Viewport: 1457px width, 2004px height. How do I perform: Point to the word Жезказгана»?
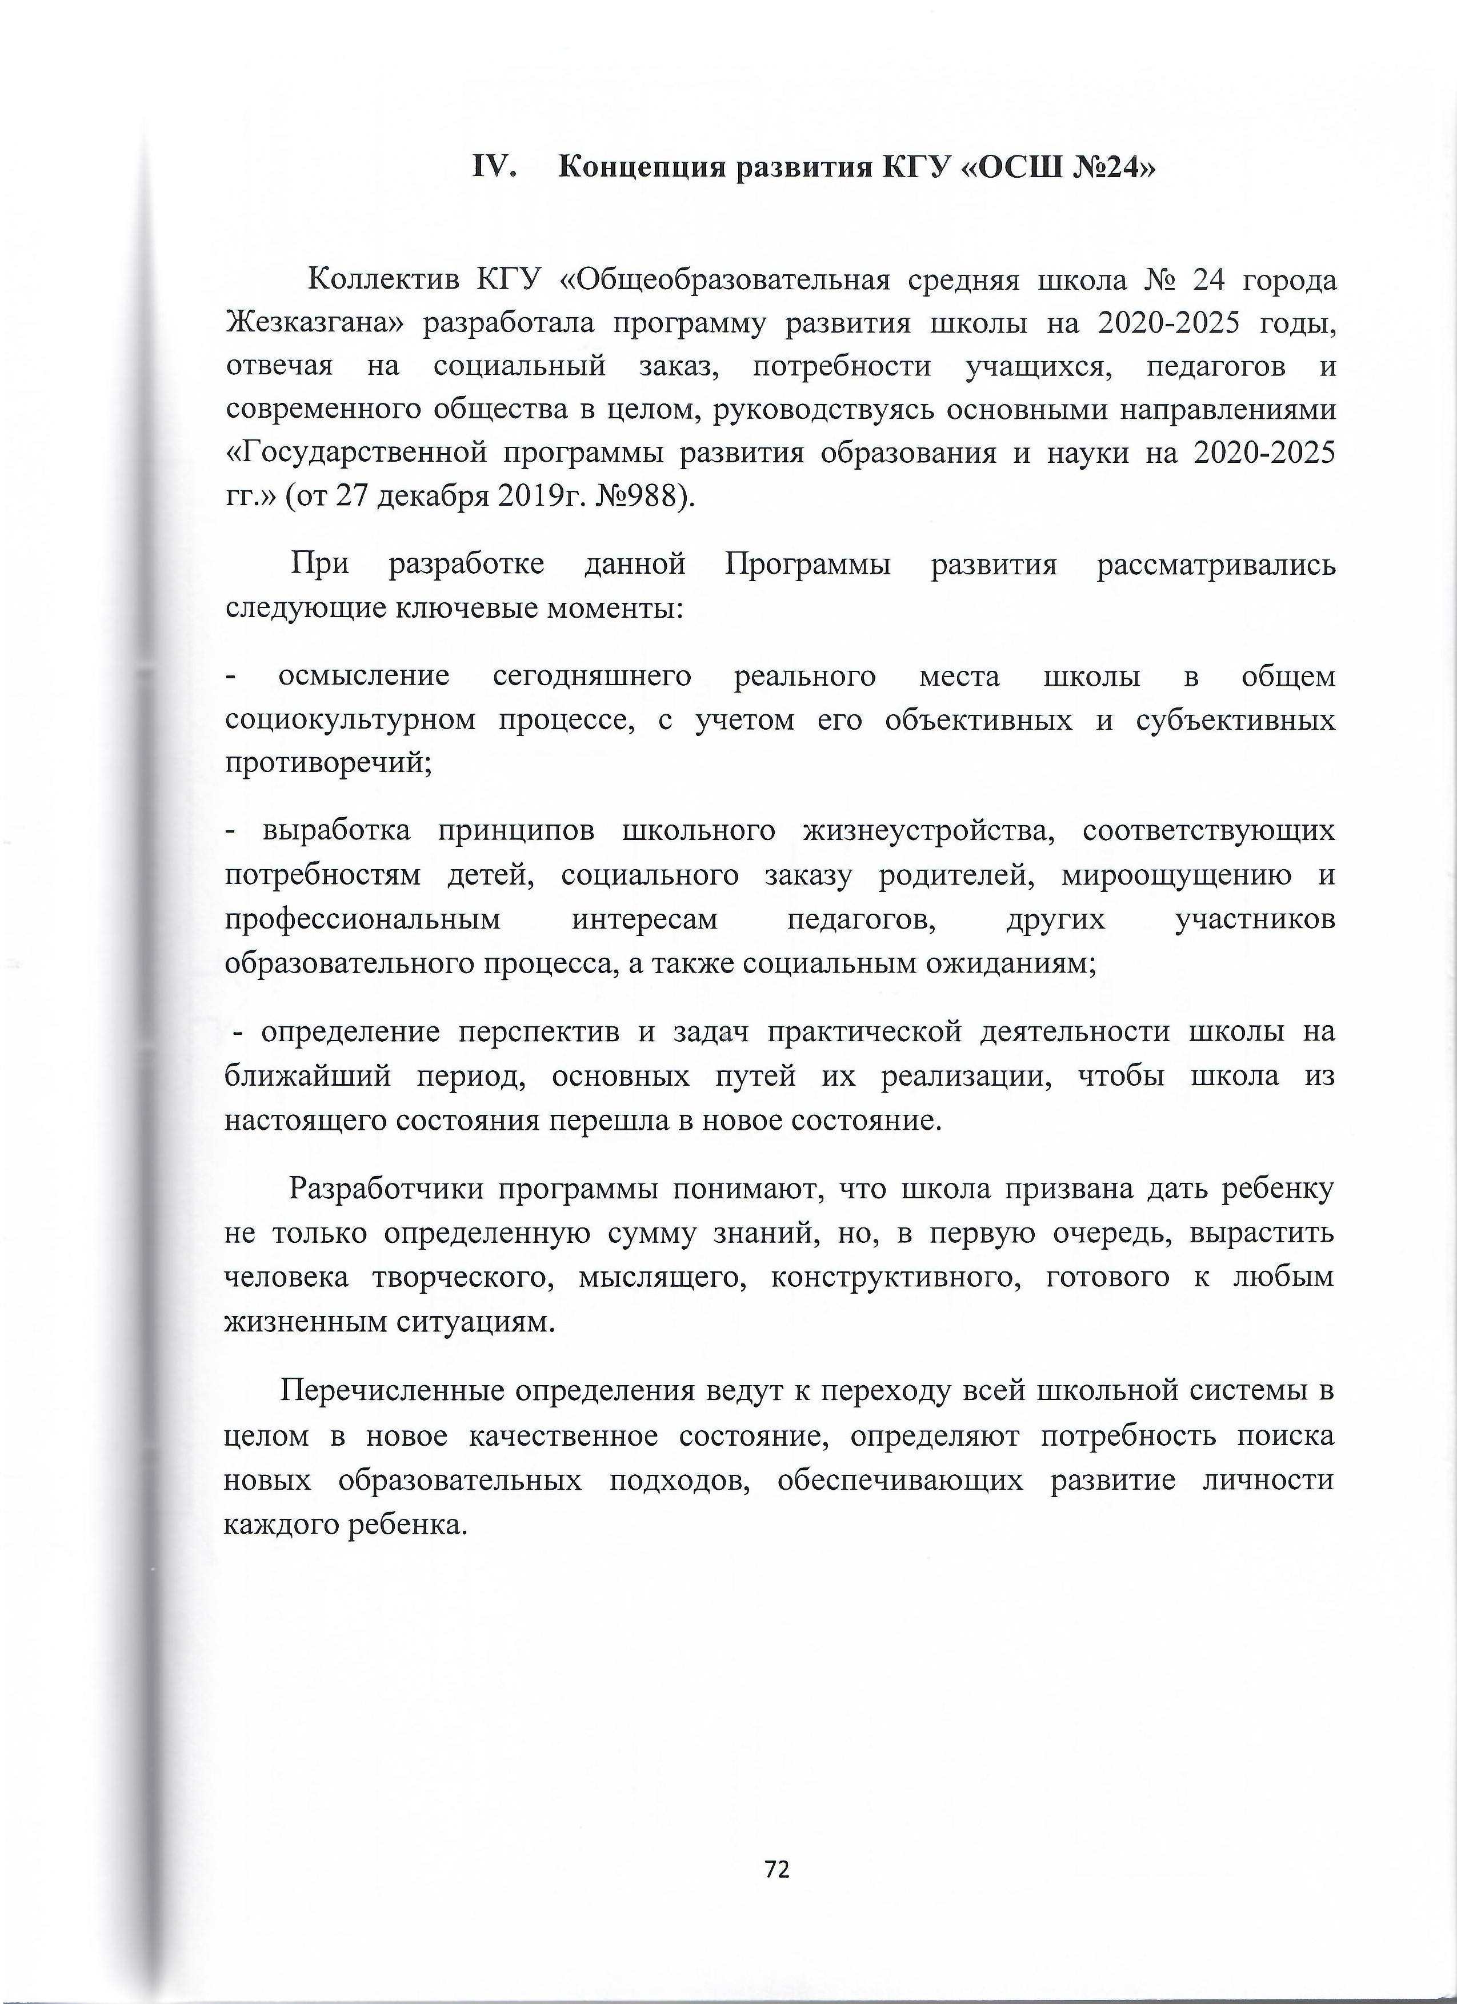click(x=314, y=325)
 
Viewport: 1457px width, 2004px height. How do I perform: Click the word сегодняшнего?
click(x=591, y=677)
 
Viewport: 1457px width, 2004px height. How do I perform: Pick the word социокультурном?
click(x=350, y=721)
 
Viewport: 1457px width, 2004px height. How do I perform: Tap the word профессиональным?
click(x=362, y=920)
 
